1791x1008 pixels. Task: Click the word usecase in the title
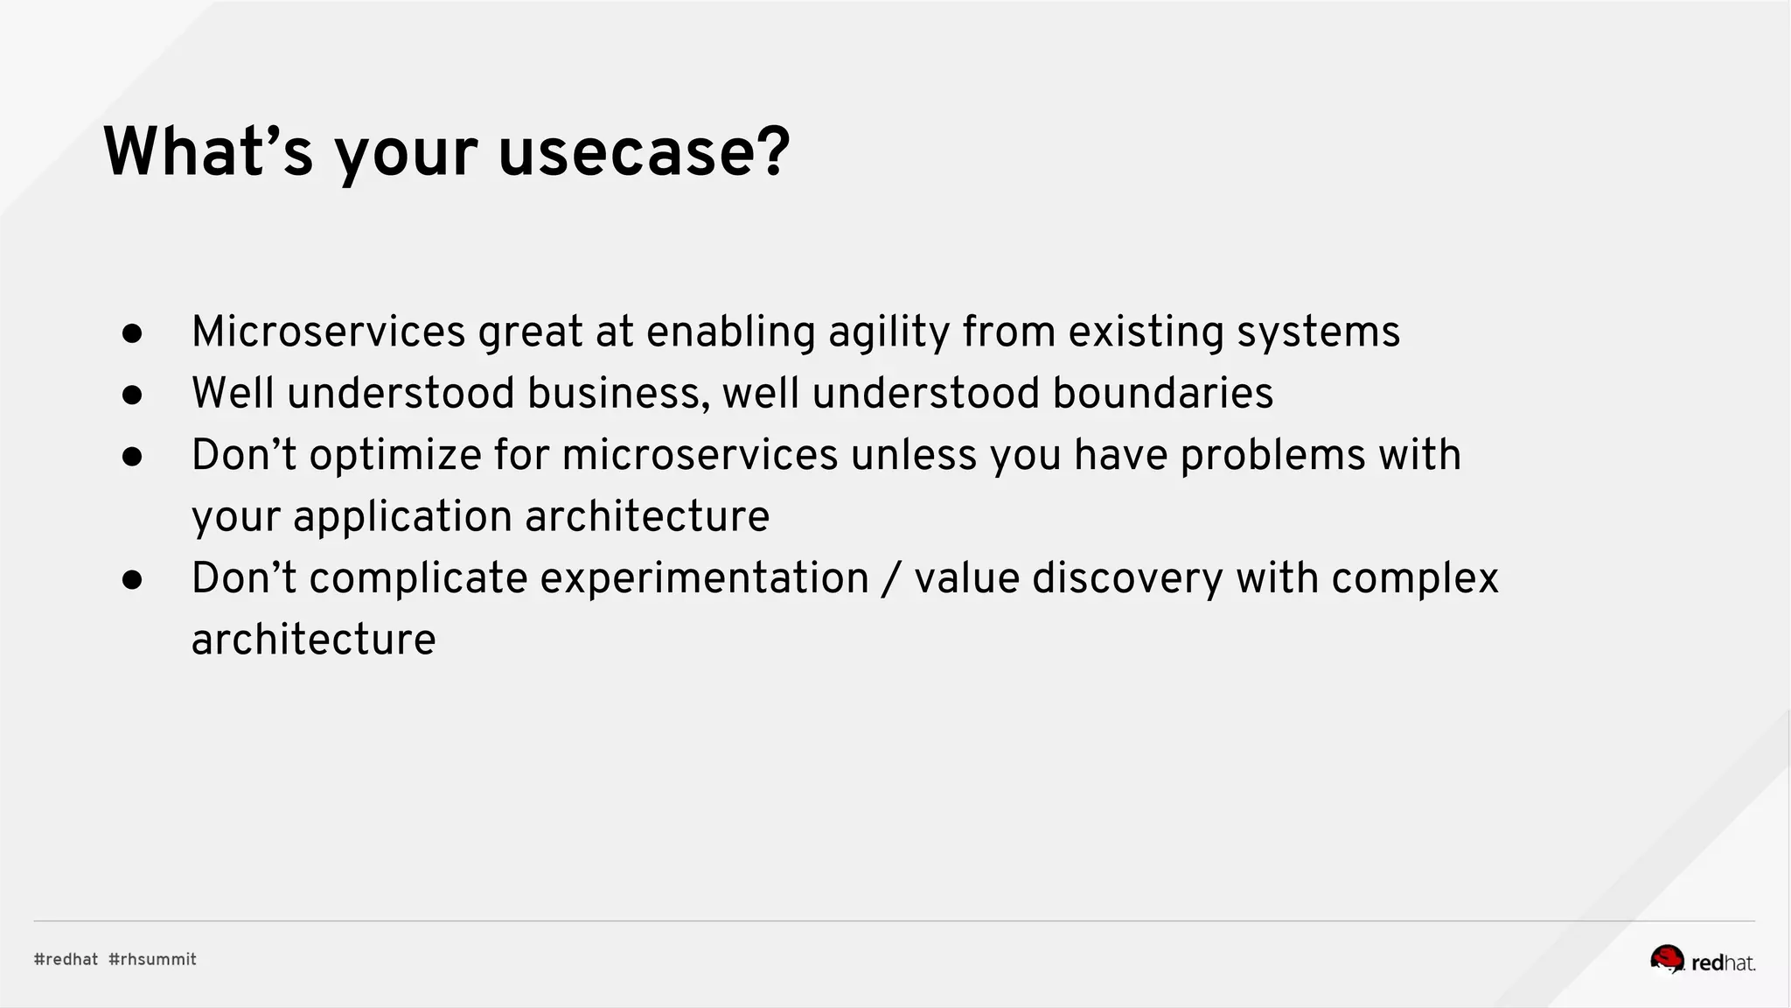pos(644,152)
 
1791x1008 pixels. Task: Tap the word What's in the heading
pos(208,152)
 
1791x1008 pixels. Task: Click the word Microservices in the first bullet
pos(329,332)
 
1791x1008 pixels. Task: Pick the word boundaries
pos(1162,394)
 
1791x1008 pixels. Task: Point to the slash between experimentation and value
pos(891,579)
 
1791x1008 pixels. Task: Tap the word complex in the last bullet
pos(1414,579)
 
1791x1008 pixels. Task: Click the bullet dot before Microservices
pos(132,333)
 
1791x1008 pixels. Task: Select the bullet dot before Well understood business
pos(132,395)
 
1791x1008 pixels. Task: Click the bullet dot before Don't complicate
pos(132,579)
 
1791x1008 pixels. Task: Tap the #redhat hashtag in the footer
pos(66,959)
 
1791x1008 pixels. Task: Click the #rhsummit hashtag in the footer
pos(152,959)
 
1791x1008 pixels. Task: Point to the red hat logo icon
pos(1667,959)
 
